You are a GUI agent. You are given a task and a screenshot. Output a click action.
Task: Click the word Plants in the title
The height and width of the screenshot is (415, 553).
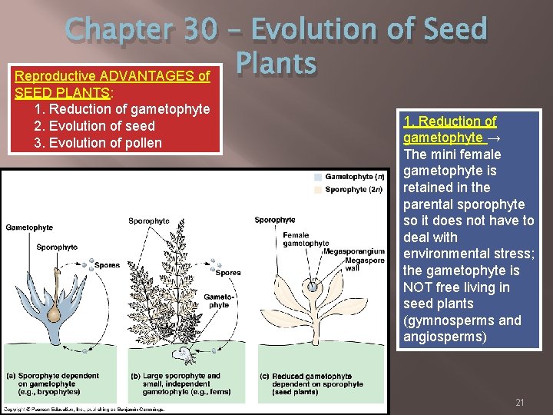(276, 64)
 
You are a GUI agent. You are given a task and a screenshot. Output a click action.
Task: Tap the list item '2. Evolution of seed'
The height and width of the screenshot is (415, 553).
(94, 126)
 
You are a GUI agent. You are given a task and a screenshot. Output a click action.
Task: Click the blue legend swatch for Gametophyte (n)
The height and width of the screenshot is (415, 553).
(318, 178)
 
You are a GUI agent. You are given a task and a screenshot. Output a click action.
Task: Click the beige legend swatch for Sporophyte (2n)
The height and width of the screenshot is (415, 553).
(318, 189)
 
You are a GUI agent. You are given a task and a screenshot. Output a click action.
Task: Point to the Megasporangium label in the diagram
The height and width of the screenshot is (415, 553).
(354, 251)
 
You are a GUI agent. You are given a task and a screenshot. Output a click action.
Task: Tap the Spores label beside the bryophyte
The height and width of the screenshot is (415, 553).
(107, 266)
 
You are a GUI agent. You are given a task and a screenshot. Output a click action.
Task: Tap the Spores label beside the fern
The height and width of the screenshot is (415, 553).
(227, 273)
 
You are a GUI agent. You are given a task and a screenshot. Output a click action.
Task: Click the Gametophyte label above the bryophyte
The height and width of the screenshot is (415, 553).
(29, 227)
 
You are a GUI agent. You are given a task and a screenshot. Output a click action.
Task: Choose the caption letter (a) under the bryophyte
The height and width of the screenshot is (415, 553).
(11, 377)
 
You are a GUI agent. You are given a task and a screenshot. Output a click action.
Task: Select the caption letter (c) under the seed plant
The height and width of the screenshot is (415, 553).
(264, 377)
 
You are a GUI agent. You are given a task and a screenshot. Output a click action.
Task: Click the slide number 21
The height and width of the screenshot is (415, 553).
(519, 403)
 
